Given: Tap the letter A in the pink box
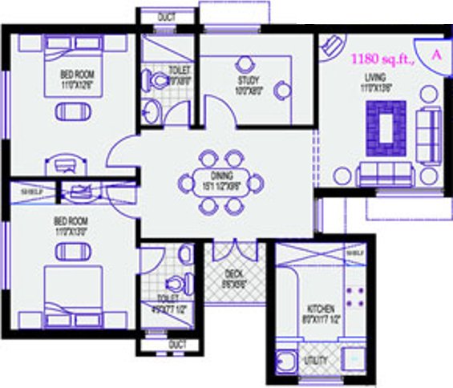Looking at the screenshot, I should [436, 55].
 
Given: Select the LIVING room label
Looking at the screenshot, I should [375, 77].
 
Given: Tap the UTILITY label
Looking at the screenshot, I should [316, 362].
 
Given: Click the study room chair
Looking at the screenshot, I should [282, 91].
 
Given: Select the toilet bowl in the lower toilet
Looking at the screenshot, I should [175, 283].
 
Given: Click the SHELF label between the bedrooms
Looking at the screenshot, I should [30, 192].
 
